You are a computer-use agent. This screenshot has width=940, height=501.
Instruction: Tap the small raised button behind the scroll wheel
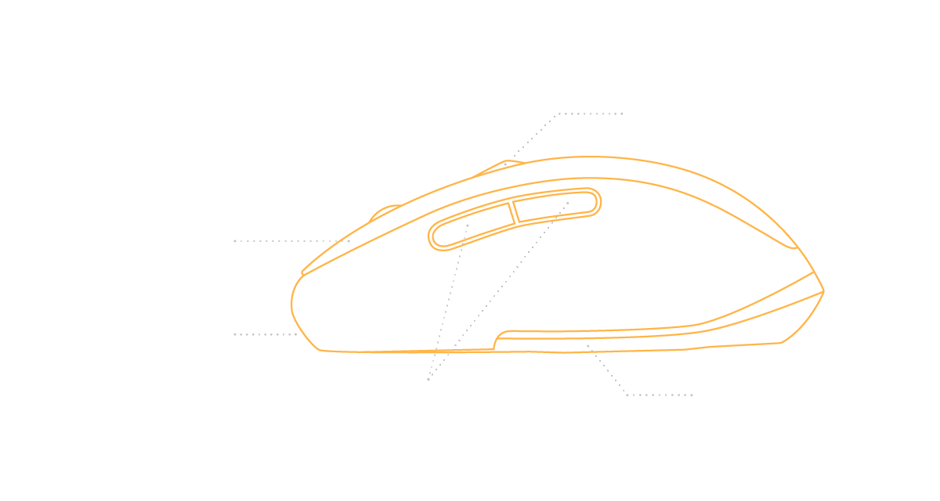[501, 167]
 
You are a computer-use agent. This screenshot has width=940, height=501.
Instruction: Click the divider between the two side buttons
[514, 211]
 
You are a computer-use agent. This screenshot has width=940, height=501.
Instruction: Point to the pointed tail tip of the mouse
[823, 291]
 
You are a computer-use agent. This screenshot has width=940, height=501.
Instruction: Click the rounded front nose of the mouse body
[293, 305]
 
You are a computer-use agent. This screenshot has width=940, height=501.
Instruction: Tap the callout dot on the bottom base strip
[588, 345]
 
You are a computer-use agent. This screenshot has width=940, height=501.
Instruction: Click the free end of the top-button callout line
[622, 114]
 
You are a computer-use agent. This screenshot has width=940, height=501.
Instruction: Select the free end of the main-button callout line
[235, 241]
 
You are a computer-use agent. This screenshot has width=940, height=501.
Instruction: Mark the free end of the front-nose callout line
[235, 334]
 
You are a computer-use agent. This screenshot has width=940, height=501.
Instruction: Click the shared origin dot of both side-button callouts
[428, 380]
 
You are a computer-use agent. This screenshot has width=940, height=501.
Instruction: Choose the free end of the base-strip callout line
[692, 395]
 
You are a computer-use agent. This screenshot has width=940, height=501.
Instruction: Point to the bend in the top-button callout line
[558, 114]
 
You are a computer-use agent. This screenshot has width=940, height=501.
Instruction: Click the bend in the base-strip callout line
[627, 395]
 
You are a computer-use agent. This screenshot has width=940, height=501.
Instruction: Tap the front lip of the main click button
[302, 273]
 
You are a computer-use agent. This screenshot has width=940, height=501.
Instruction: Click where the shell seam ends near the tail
[796, 248]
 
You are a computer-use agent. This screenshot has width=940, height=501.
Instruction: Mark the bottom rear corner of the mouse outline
[781, 342]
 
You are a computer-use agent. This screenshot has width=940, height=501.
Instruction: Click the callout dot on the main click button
[349, 241]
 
